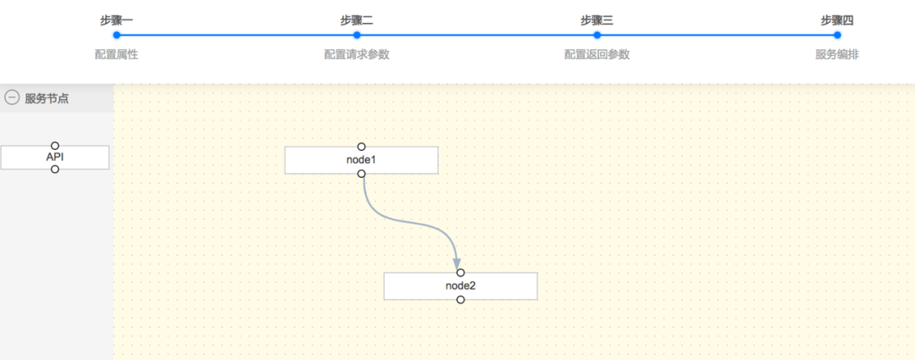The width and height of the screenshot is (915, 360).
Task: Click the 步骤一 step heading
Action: tap(117, 20)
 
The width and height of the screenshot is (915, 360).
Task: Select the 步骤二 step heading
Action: tap(357, 20)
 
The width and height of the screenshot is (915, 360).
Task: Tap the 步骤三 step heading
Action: tap(596, 20)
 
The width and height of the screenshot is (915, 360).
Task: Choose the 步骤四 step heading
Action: tap(837, 20)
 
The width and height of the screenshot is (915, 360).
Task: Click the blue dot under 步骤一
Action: tap(117, 36)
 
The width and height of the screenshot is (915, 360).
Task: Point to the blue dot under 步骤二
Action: tap(357, 36)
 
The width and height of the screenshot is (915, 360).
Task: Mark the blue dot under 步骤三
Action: tap(597, 36)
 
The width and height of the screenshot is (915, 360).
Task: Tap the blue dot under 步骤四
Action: tap(837, 36)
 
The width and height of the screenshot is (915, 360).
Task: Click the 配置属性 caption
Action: tap(117, 54)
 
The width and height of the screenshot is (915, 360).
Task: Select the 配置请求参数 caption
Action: tap(357, 54)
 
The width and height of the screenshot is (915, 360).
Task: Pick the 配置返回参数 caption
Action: tap(596, 54)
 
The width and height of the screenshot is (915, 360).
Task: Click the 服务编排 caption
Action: tap(837, 54)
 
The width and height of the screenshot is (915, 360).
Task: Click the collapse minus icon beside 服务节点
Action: tap(12, 98)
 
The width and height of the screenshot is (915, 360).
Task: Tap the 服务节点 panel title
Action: tap(47, 98)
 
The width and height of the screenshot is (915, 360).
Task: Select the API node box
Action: tap(55, 158)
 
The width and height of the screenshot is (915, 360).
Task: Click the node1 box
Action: tap(361, 160)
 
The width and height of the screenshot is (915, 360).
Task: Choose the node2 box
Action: tap(460, 286)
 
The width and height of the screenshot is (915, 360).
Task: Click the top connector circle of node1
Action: tap(361, 147)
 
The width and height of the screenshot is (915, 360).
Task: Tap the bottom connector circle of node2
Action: tap(460, 300)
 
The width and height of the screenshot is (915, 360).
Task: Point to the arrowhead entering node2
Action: tap(457, 263)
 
